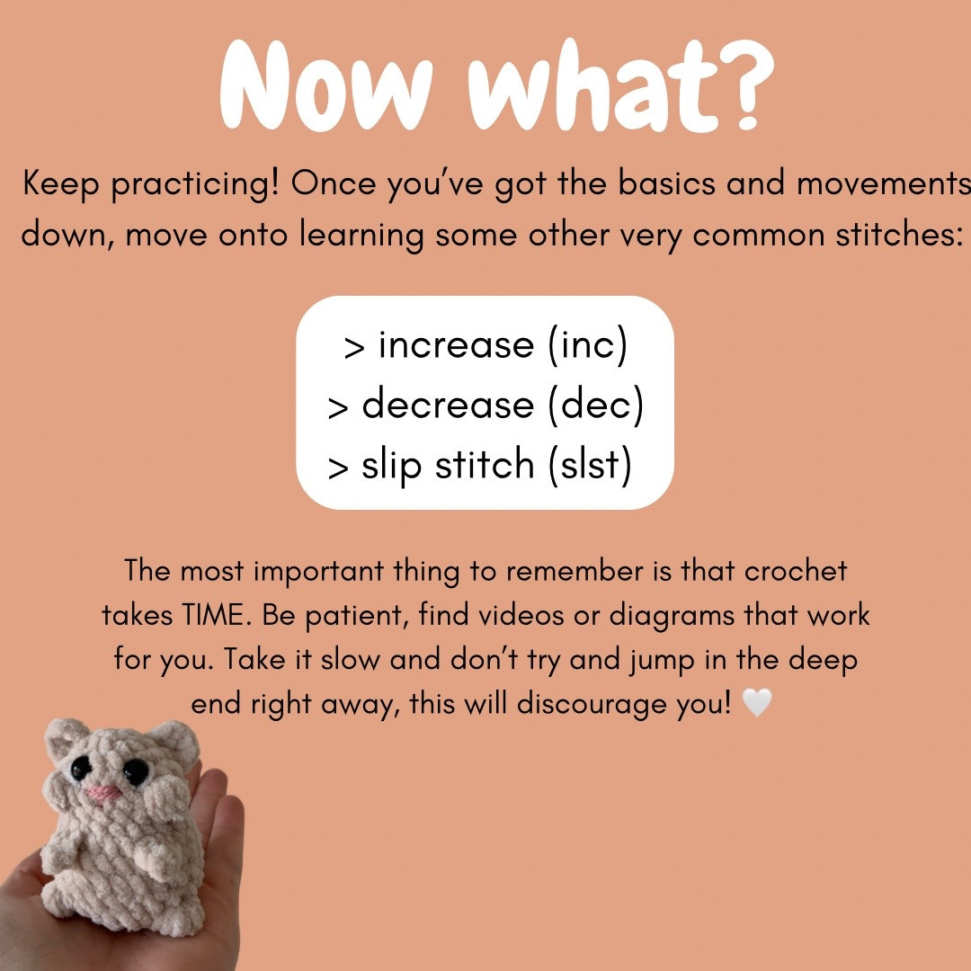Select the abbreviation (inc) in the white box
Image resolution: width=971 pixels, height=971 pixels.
(x=586, y=345)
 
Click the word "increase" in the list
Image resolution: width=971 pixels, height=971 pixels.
(x=456, y=345)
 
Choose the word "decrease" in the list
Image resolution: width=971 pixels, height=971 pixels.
(x=448, y=405)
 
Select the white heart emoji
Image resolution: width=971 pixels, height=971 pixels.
(x=757, y=704)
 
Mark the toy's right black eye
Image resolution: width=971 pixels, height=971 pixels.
(x=136, y=771)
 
